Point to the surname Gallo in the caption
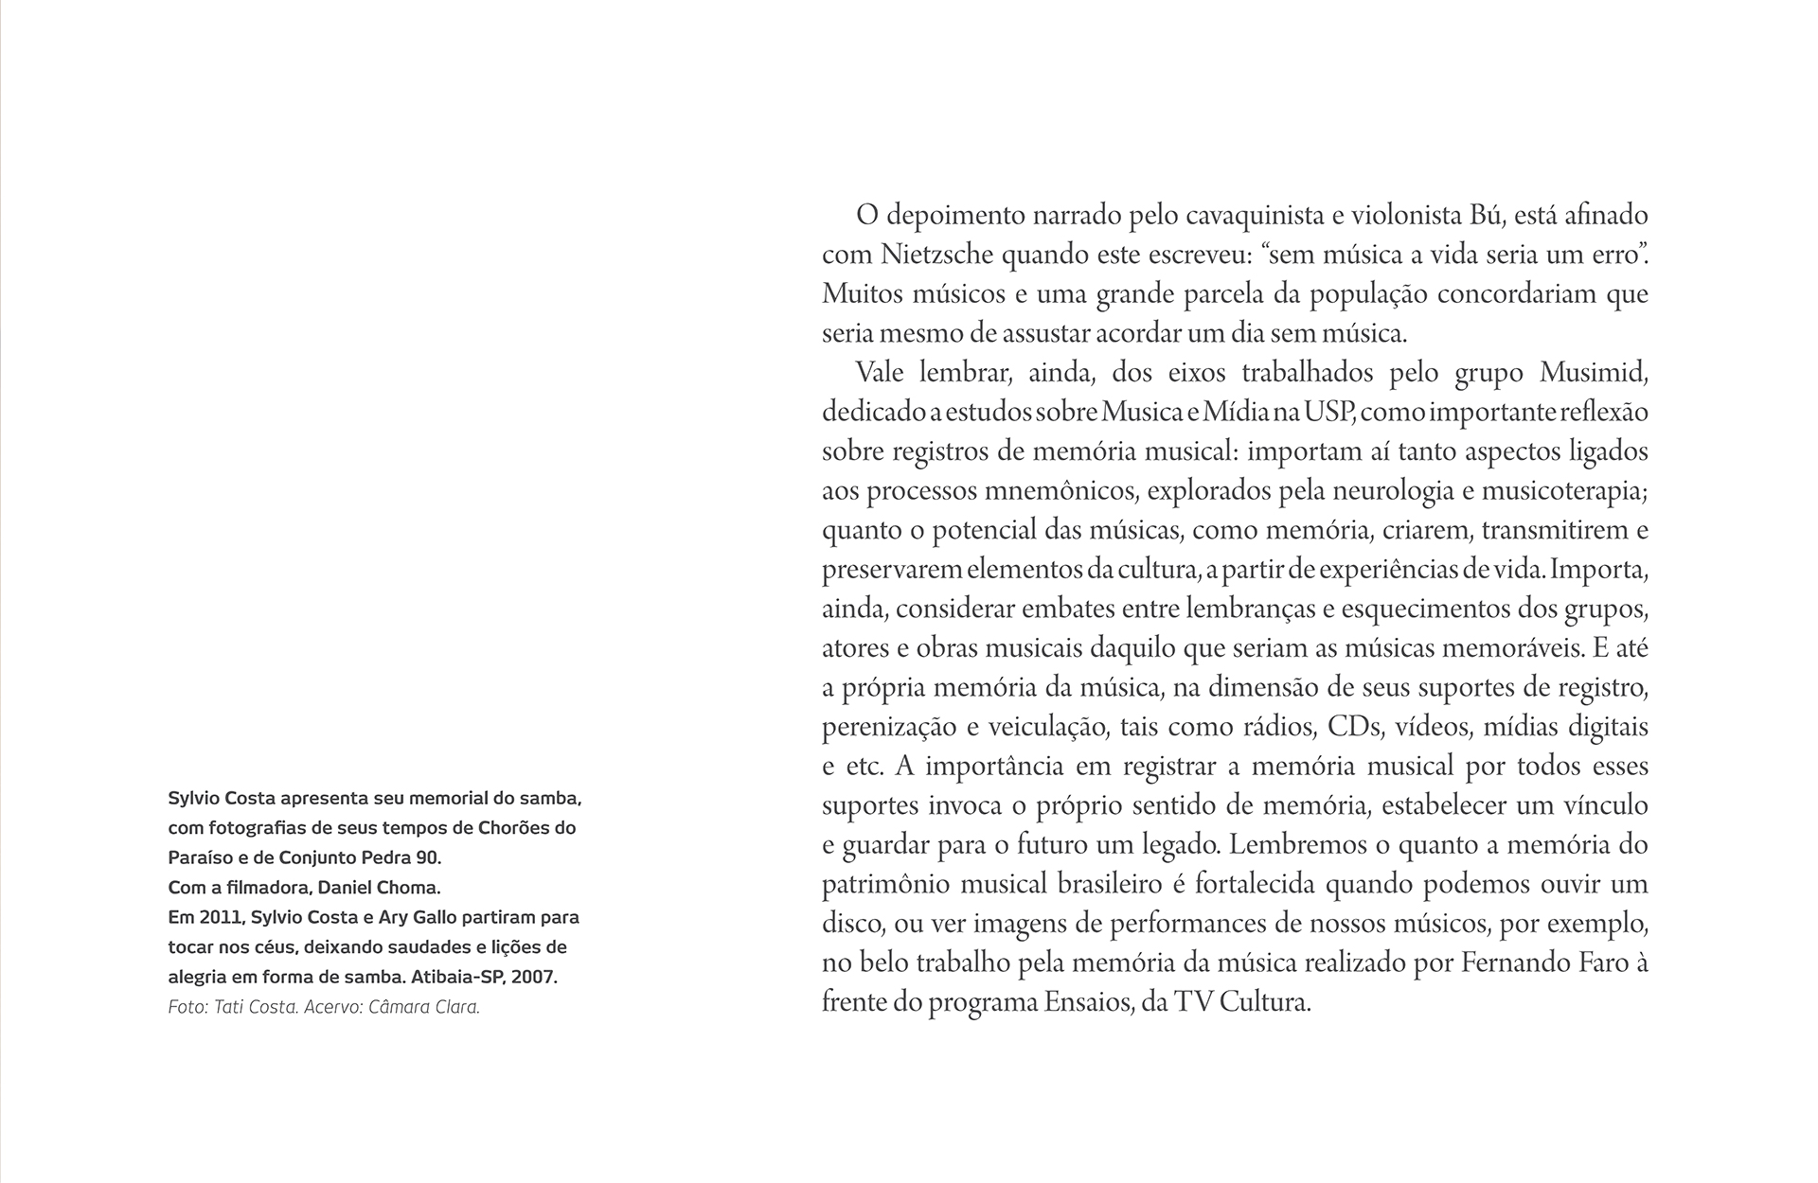tap(425, 917)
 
